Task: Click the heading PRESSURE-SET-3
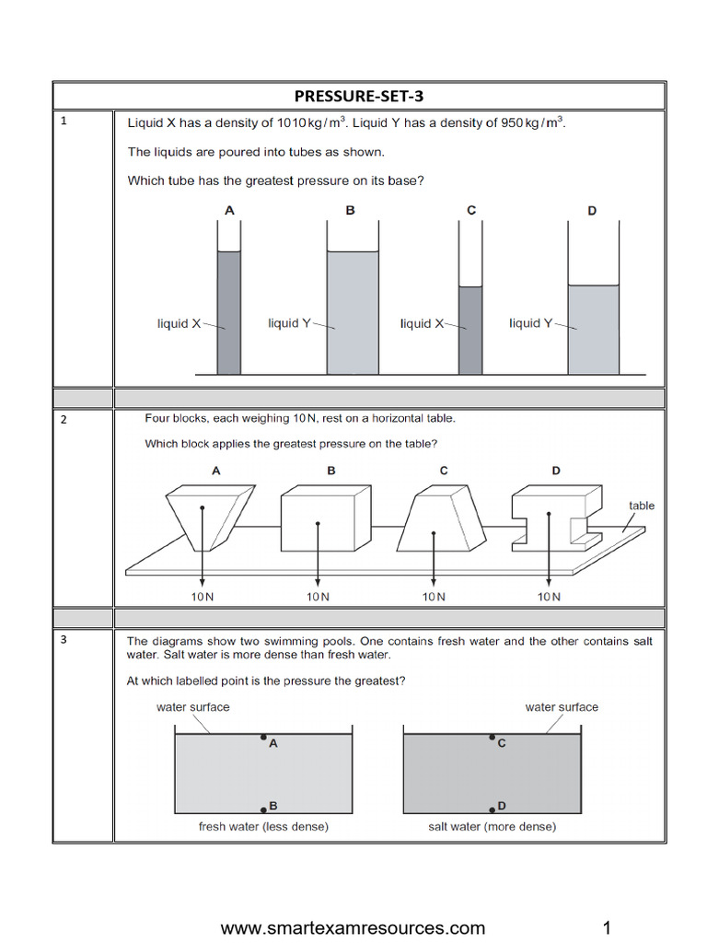[x=359, y=96]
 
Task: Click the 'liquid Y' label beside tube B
[x=289, y=323]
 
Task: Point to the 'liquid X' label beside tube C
[x=422, y=323]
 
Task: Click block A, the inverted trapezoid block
[x=202, y=516]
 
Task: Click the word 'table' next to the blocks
[x=642, y=506]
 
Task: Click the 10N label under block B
[x=319, y=597]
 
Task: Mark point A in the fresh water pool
[x=263, y=738]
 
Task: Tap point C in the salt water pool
[x=493, y=738]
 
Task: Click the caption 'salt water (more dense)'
[x=492, y=826]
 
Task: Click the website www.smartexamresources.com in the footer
[x=353, y=927]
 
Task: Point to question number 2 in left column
[x=64, y=420]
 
